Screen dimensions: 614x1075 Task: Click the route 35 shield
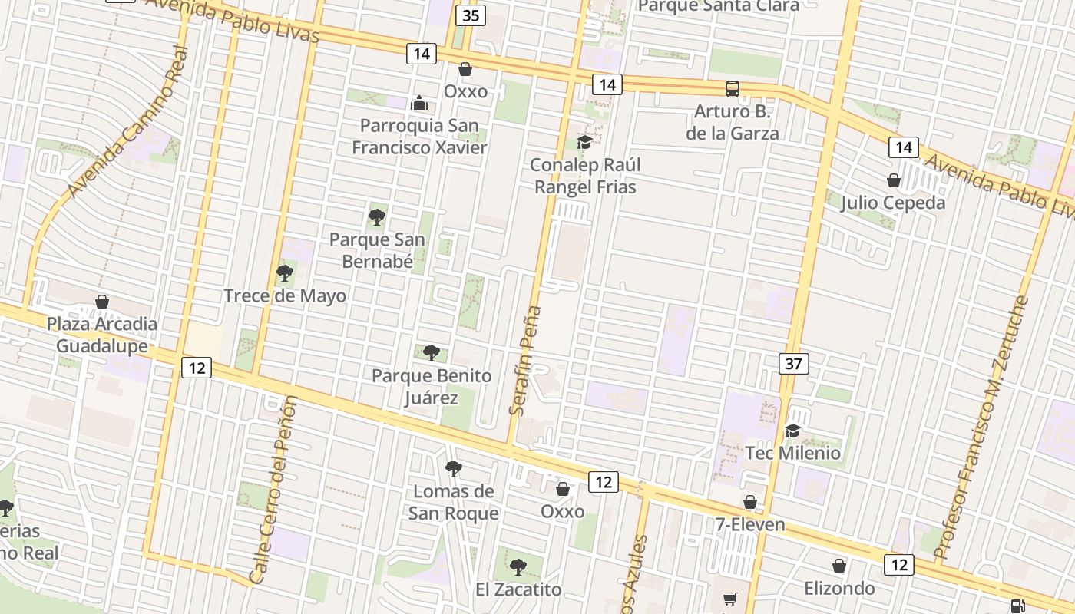(471, 15)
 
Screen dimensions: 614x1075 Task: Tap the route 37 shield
(794, 363)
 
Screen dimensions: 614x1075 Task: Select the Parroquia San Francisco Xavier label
(419, 136)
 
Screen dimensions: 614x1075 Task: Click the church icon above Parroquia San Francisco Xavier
(419, 102)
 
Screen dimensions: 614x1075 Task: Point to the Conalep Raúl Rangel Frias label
(585, 176)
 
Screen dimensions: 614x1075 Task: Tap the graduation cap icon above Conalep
(584, 142)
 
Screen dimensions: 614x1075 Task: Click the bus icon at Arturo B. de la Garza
(733, 88)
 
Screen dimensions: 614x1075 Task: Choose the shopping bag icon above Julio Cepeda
(893, 180)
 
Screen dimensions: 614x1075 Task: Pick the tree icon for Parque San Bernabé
(376, 217)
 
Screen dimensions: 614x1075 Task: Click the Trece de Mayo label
(285, 295)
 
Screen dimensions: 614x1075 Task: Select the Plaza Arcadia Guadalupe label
(102, 335)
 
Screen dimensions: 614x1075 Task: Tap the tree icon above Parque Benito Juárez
(432, 353)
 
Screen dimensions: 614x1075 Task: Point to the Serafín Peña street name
(525, 361)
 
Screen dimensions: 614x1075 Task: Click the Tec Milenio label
(793, 453)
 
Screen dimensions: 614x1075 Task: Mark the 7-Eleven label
(750, 524)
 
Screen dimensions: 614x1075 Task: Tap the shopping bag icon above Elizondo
(839, 566)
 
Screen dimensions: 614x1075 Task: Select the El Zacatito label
(518, 589)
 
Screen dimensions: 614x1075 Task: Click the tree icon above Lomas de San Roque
(454, 468)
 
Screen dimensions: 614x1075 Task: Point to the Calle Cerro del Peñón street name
(274, 490)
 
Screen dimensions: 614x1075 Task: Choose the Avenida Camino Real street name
(127, 122)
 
